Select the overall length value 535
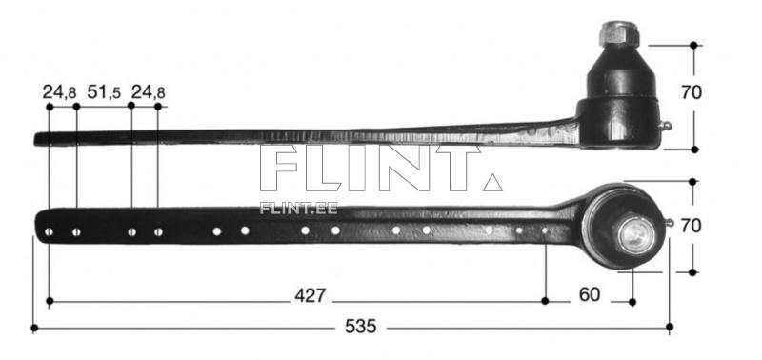point(361,327)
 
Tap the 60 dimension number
point(590,295)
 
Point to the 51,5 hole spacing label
point(104,92)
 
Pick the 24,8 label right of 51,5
point(149,92)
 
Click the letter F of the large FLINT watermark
point(281,170)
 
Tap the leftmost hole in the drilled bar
point(49,231)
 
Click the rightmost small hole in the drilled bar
point(545,230)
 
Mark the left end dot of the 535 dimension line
point(34,328)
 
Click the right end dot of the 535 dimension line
point(670,328)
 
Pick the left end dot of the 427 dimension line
point(49,302)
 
